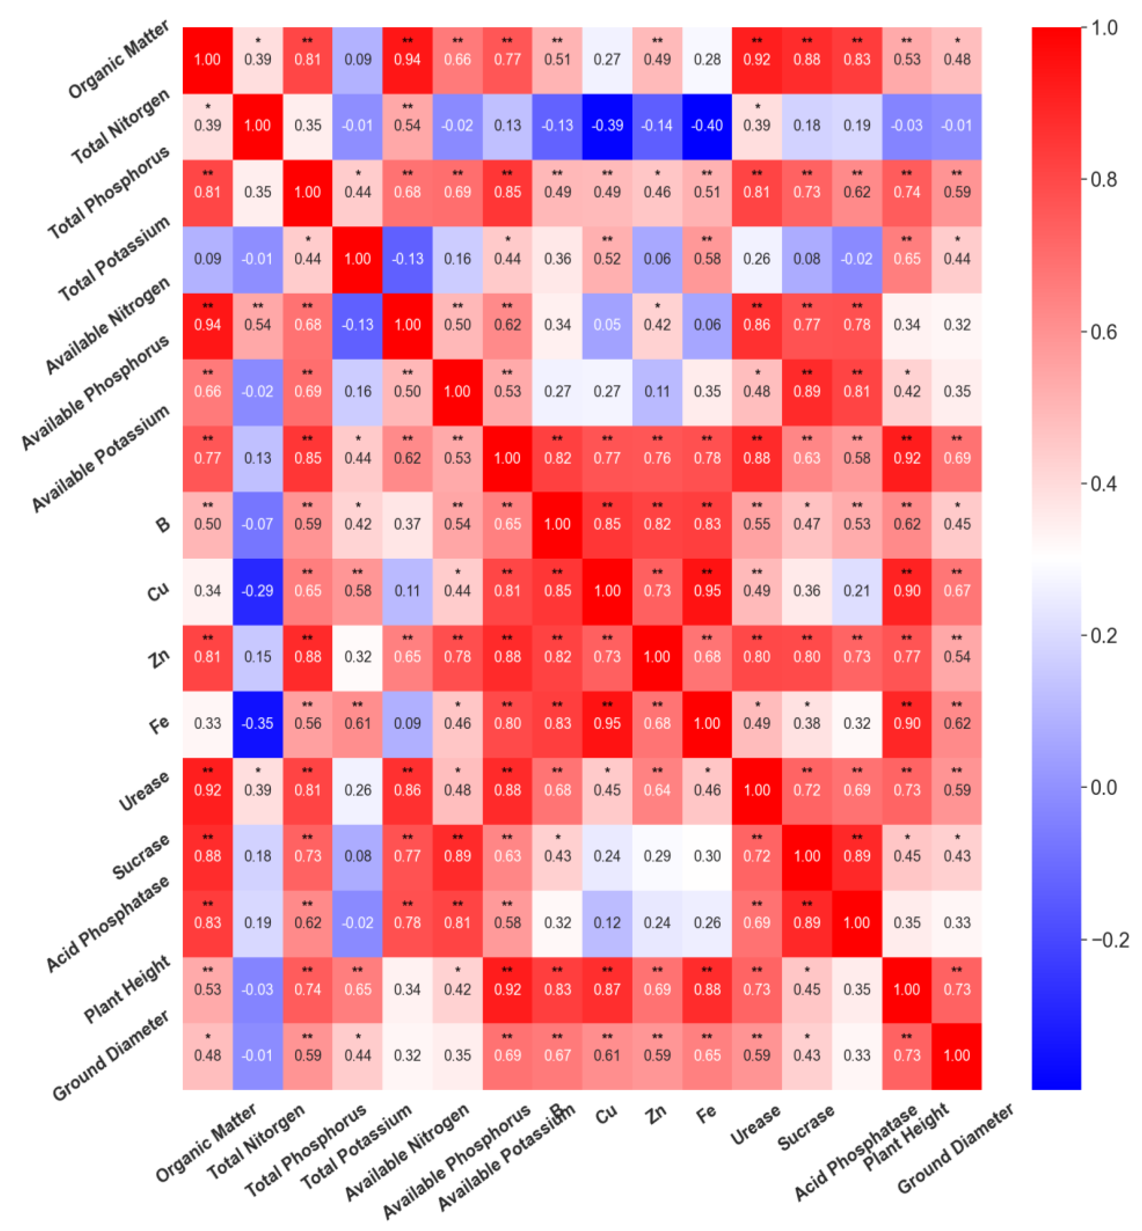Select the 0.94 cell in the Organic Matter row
tap(407, 60)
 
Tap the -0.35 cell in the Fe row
tap(257, 724)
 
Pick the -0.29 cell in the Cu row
tap(257, 591)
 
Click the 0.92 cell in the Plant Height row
tap(508, 989)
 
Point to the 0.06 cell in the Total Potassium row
tap(657, 259)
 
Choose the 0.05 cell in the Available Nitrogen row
tap(607, 325)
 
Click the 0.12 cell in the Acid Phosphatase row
tap(607, 923)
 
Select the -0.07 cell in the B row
tap(257, 525)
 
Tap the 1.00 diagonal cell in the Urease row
tap(757, 790)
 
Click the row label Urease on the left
tap(144, 791)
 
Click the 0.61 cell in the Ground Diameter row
tap(607, 1055)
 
